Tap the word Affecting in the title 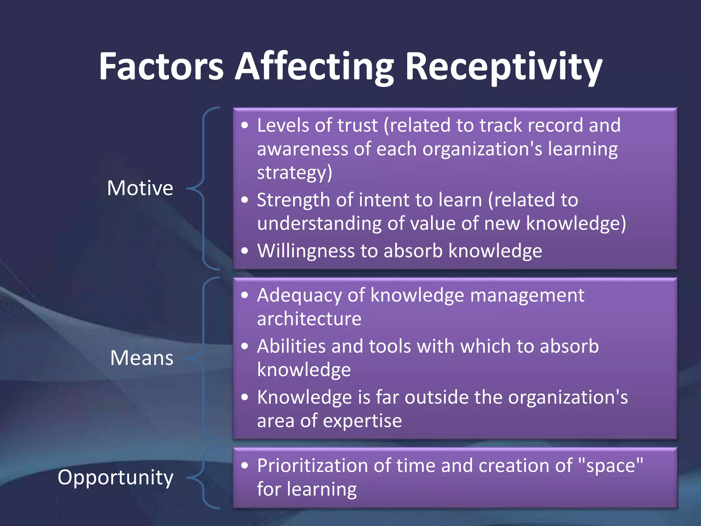click(x=314, y=67)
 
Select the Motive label click(x=140, y=188)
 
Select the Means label click(x=142, y=358)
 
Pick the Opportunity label click(x=115, y=477)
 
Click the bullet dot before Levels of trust click(x=244, y=125)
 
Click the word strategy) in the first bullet click(x=294, y=173)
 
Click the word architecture click(x=309, y=319)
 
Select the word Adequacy click(x=299, y=296)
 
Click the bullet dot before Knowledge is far click(x=244, y=397)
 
